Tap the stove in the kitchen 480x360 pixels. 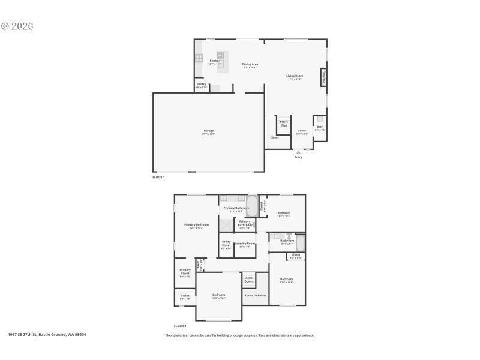[199, 58]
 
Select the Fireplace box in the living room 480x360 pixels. [324, 77]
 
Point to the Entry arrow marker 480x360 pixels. [298, 152]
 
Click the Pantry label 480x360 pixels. [201, 85]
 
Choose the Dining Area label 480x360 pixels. [250, 65]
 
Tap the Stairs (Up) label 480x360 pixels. [284, 123]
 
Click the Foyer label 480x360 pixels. [302, 131]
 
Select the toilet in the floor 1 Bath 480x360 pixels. [320, 119]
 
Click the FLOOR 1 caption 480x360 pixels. [158, 177]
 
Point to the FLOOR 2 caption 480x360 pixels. [180, 325]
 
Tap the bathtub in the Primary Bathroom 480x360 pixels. [253, 206]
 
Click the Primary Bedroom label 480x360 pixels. [196, 226]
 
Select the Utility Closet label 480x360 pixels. [226, 244]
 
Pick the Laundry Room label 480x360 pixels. [245, 244]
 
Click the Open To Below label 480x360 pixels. [256, 295]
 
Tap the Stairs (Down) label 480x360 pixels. [248, 279]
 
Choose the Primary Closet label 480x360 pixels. [185, 273]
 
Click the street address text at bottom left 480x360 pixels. [47, 335]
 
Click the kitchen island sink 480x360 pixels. [220, 56]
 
